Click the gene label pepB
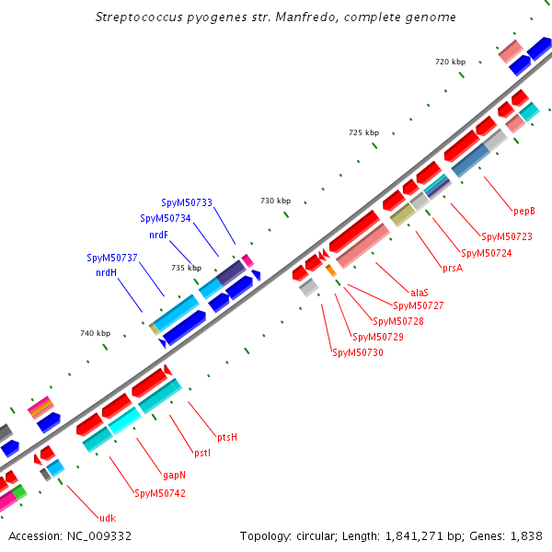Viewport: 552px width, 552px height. [524, 211]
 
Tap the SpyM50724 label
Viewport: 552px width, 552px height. [486, 253]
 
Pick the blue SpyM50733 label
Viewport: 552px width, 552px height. [187, 202]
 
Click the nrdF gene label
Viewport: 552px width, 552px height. [158, 235]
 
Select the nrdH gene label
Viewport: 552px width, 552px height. [106, 273]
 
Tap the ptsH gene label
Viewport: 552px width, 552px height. [227, 436]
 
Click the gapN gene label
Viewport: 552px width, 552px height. [175, 475]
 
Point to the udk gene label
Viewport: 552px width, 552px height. [108, 518]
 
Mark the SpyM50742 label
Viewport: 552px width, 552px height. [160, 493]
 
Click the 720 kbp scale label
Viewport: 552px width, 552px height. [451, 62]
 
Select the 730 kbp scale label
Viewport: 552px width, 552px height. [275, 200]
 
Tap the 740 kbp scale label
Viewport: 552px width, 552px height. [95, 333]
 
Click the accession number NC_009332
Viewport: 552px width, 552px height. [99, 535]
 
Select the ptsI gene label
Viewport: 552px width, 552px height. [202, 452]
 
